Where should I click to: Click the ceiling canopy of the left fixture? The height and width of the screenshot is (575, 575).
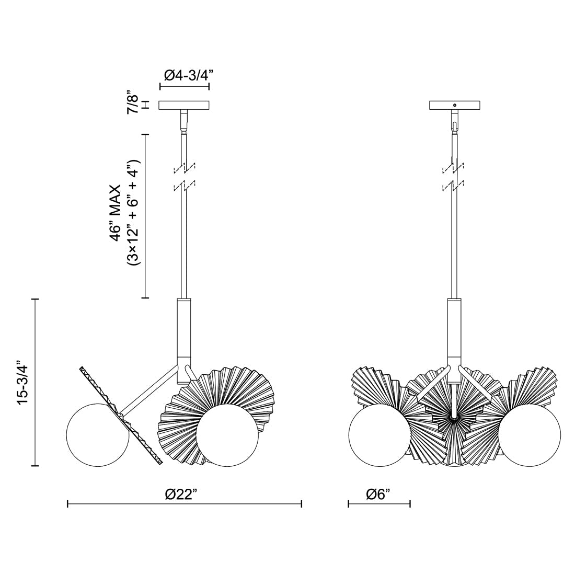click(x=184, y=106)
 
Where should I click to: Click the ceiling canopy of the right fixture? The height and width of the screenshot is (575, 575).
click(x=455, y=106)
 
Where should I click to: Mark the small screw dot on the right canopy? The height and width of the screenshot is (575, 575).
click(x=455, y=106)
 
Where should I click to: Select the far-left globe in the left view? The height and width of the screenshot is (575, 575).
click(x=98, y=434)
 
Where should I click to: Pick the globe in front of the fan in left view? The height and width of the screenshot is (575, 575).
click(x=227, y=434)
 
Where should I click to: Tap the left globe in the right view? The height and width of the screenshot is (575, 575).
click(x=379, y=434)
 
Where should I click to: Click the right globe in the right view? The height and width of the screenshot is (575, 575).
click(x=529, y=434)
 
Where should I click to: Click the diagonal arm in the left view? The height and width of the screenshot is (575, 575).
click(x=152, y=389)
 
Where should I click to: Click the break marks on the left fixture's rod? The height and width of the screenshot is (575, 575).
click(x=184, y=176)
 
